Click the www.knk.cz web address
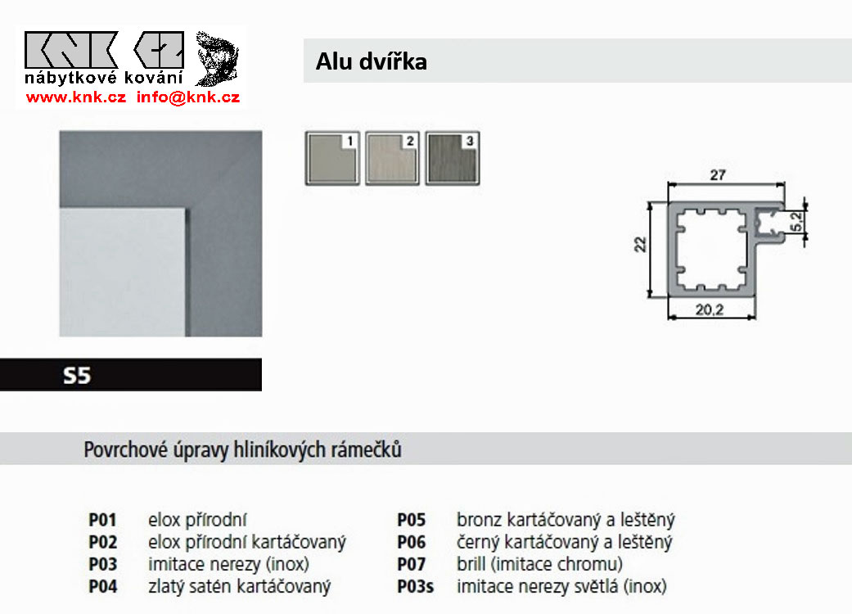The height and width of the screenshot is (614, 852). [75, 97]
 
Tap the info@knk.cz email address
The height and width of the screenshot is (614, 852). [187, 97]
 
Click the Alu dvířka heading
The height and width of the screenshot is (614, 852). [371, 61]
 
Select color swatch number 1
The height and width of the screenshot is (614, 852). [333, 158]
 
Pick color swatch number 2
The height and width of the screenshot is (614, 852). [393, 158]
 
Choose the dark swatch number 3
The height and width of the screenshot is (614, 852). [453, 158]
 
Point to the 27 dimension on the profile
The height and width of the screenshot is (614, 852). [718, 174]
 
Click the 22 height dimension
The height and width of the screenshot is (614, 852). [641, 243]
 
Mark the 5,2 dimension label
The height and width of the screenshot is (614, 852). [795, 219]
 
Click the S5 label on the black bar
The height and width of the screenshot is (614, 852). [77, 376]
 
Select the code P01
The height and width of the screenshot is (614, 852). [103, 519]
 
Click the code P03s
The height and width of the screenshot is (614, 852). [416, 586]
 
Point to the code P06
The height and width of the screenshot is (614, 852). [412, 542]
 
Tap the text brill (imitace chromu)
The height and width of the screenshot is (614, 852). [539, 564]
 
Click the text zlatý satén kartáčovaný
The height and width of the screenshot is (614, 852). [239, 586]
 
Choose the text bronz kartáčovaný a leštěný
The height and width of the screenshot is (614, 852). [566, 519]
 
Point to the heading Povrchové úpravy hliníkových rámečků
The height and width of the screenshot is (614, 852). [242, 449]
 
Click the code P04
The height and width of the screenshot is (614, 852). [103, 586]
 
